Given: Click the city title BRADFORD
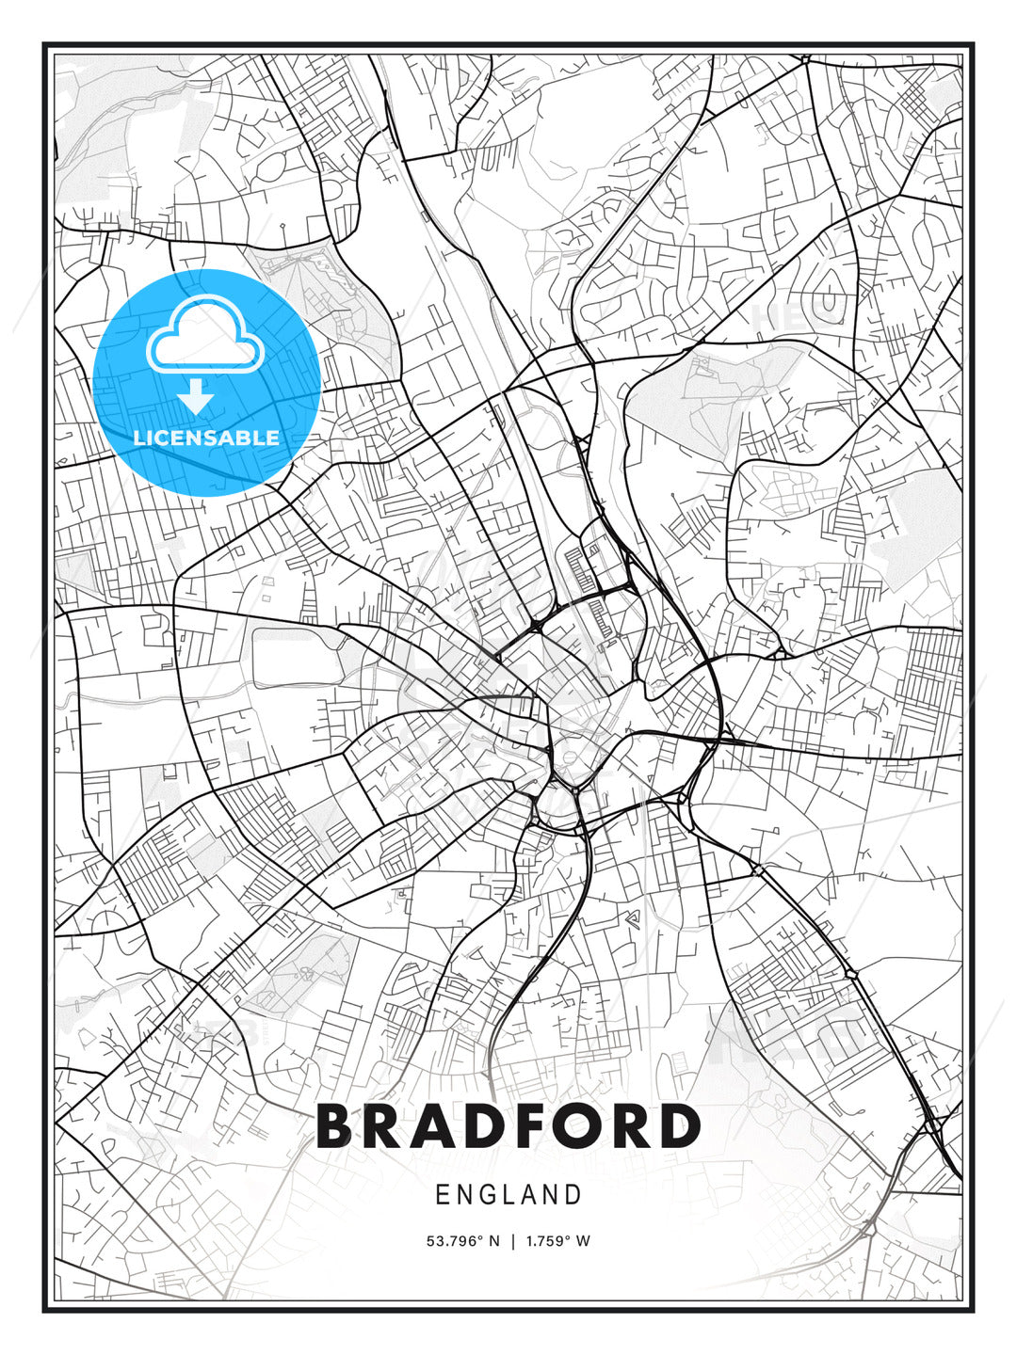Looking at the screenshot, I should (x=508, y=1126).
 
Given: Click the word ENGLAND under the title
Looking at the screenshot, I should (x=508, y=1195).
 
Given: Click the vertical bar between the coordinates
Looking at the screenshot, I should (x=513, y=1241).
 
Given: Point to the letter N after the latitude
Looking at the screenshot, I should (x=494, y=1241).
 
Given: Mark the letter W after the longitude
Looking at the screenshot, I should (x=584, y=1241).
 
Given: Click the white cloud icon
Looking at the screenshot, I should (x=203, y=336).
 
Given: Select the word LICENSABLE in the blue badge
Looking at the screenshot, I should (x=206, y=438).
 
